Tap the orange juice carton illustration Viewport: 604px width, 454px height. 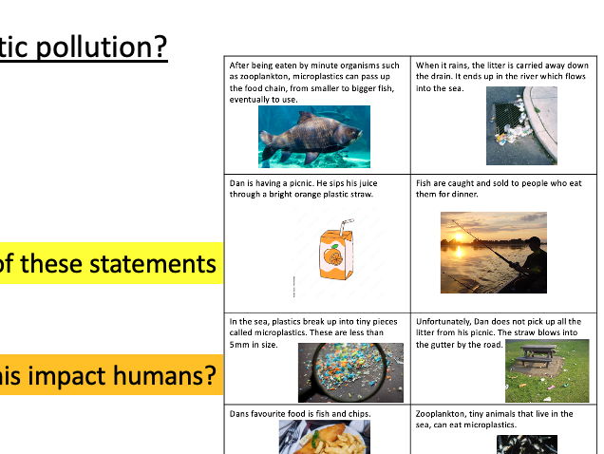click(333, 256)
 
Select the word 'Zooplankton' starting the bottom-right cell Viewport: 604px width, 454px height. click(444, 414)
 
